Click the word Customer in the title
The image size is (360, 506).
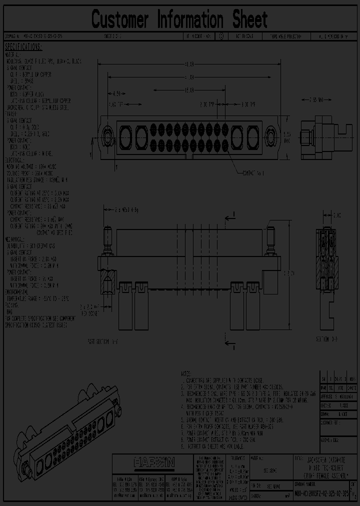pyautogui.click(x=120, y=19)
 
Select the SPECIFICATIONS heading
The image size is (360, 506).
pyautogui.click(x=23, y=47)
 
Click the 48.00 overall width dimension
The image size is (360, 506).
pyautogui.click(x=189, y=64)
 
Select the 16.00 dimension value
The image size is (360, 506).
pyautogui.click(x=188, y=90)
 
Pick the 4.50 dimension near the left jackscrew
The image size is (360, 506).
pyautogui.click(x=116, y=93)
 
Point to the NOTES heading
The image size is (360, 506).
pyautogui.click(x=187, y=373)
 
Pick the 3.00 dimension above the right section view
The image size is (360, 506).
pyautogui.click(x=337, y=215)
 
